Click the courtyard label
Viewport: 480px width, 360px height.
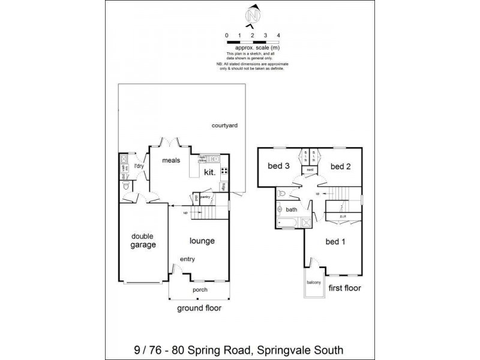[225, 125]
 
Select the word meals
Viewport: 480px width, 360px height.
[172, 161]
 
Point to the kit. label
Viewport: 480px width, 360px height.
[210, 172]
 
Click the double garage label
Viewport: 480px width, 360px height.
[143, 241]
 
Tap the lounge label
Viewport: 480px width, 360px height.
[202, 241]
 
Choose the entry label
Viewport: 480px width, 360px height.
[187, 259]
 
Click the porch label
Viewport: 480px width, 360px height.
[200, 290]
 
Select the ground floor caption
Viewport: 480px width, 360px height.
[199, 308]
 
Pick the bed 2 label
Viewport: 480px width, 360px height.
[340, 166]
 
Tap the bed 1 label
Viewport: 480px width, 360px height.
[335, 242]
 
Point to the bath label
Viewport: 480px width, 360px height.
[292, 210]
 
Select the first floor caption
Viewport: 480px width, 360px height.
[344, 289]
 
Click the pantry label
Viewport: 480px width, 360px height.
[206, 196]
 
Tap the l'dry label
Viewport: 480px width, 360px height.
[139, 166]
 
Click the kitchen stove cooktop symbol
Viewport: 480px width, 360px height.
[224, 171]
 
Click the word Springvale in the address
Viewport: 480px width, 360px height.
[282, 349]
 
